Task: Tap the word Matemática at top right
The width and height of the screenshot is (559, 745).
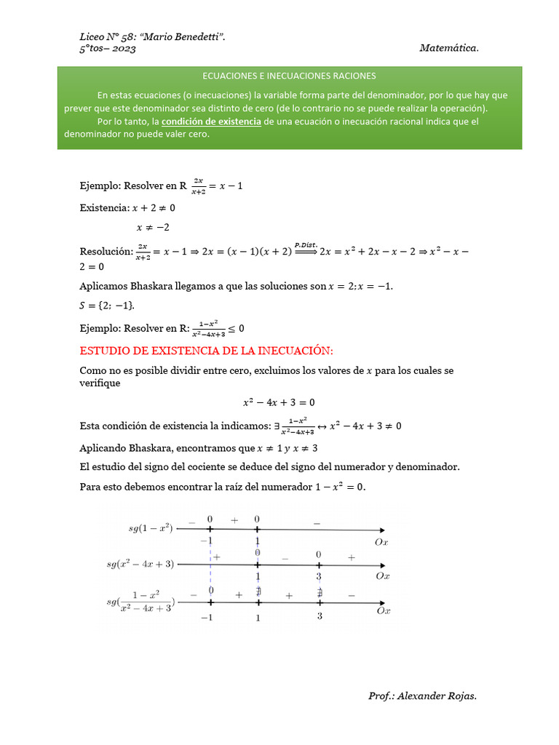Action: [x=449, y=48]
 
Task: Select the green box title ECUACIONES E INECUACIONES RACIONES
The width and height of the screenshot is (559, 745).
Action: [x=289, y=76]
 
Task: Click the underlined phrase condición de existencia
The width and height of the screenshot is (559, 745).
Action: [x=211, y=121]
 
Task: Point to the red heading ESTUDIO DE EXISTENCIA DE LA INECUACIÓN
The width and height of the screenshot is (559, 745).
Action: [x=206, y=351]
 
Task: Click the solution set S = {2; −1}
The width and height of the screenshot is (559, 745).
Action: [x=108, y=305]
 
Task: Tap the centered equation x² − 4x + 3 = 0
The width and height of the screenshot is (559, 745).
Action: [x=279, y=402]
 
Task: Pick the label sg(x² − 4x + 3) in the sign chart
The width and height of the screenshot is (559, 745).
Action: [x=140, y=564]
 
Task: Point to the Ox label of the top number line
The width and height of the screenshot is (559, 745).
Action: [x=381, y=542]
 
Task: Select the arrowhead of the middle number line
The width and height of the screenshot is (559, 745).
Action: [x=384, y=565]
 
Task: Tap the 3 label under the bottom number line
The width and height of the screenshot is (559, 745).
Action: [x=320, y=616]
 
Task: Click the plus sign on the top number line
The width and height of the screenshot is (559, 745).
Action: [x=234, y=520]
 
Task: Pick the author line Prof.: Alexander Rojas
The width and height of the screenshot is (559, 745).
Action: [x=422, y=696]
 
